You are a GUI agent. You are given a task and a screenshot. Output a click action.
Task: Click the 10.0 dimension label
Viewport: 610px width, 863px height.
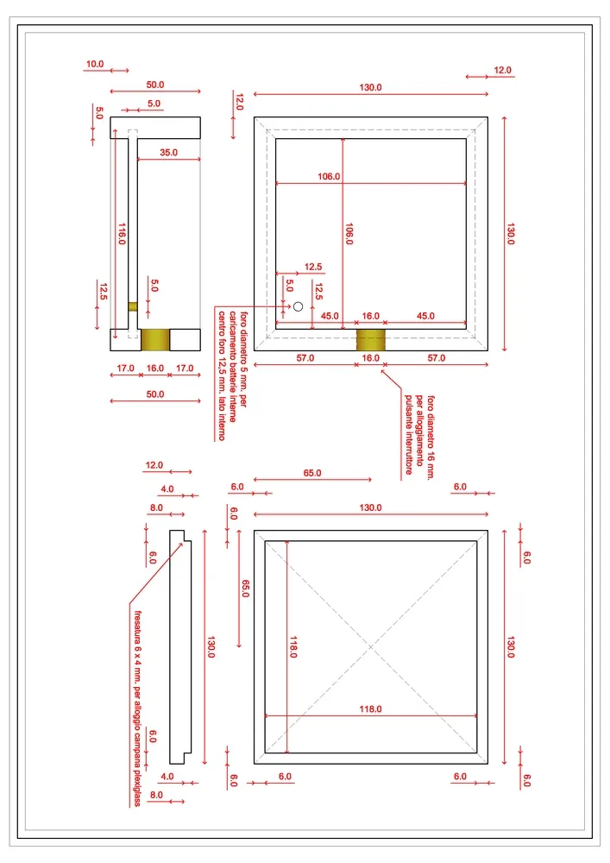click(x=95, y=65)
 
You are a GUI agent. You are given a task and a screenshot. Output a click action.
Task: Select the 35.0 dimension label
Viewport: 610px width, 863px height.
click(x=168, y=153)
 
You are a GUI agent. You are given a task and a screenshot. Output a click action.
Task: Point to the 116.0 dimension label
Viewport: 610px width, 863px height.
click(x=123, y=234)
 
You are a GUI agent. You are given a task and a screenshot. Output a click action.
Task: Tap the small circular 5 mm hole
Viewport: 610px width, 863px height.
click(x=299, y=306)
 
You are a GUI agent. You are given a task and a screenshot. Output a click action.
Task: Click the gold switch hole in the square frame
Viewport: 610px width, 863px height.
click(x=371, y=339)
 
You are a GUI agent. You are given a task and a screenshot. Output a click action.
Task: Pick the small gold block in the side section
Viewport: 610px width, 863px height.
click(x=133, y=306)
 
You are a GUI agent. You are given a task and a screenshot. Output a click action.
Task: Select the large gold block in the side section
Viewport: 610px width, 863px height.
click(x=155, y=339)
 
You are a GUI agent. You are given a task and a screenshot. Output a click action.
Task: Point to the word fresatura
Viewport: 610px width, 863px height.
click(x=138, y=627)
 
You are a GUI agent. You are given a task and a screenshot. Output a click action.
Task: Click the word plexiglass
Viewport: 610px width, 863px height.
click(x=137, y=787)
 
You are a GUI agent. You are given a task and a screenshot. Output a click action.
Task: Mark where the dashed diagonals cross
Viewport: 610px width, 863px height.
click(x=371, y=646)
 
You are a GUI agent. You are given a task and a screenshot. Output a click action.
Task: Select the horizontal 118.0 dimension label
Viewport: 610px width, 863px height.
click(x=370, y=709)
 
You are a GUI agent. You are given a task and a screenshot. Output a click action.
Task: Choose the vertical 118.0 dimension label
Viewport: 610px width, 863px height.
click(x=293, y=646)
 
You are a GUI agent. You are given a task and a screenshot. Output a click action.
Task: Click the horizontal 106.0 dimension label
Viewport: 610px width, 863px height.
click(x=329, y=176)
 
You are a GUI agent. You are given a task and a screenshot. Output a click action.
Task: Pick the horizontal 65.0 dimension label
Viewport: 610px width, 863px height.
click(x=311, y=473)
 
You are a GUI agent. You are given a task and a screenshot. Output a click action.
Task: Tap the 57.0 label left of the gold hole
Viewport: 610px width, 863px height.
click(x=305, y=358)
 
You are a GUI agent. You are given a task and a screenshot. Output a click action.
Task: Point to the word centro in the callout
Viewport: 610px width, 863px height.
click(x=222, y=323)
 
